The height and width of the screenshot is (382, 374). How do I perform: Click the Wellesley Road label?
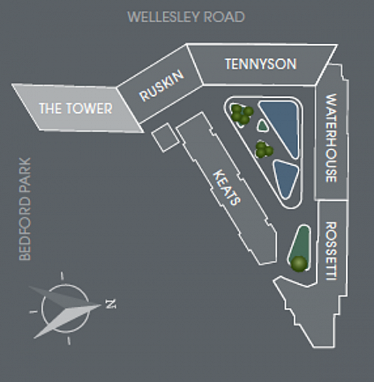(x=186, y=17)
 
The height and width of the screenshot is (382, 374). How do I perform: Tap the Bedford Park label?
(x=25, y=209)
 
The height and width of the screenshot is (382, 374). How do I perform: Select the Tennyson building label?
(x=260, y=64)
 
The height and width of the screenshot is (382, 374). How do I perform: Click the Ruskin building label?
(x=162, y=85)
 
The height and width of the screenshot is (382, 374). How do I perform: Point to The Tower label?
(x=75, y=108)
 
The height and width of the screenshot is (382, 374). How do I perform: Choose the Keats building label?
(x=227, y=188)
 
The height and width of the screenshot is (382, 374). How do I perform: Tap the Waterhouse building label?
(x=331, y=138)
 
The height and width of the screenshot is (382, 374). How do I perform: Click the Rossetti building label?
(x=331, y=251)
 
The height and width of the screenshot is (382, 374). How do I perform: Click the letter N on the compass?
(x=111, y=304)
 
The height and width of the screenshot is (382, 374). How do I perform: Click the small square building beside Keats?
(x=165, y=137)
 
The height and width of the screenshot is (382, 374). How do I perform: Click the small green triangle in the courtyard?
(x=263, y=126)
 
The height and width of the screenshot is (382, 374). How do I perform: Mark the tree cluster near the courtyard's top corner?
(x=241, y=115)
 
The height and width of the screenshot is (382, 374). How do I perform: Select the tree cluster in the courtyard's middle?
(x=264, y=150)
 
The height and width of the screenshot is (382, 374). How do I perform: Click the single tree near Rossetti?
(x=299, y=264)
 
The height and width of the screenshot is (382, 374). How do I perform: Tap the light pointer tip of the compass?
(x=101, y=305)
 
